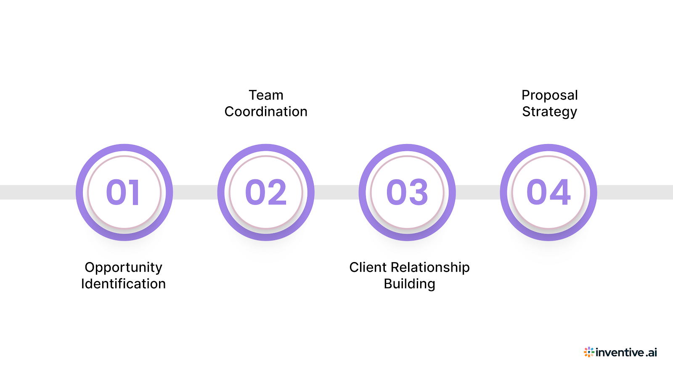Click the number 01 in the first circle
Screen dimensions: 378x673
click(123, 192)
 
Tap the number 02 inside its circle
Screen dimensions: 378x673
click(266, 192)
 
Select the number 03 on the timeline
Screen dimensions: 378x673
click(407, 192)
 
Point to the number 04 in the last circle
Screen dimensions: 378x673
click(548, 192)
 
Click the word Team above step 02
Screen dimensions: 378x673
click(266, 95)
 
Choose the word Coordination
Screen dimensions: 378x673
click(266, 112)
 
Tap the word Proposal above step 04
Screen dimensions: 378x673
click(549, 95)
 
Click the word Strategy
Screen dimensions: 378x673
click(549, 112)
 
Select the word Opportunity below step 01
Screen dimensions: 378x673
click(123, 268)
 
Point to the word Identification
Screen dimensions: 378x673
click(123, 284)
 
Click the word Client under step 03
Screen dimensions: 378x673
click(368, 267)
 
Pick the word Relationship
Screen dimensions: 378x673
click(430, 268)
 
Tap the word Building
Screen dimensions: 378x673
click(409, 284)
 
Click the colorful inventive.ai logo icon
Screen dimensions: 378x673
click(589, 352)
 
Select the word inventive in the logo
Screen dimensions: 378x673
click(620, 352)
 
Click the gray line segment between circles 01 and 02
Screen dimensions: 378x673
click(195, 192)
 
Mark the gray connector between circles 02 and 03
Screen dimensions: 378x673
click(336, 192)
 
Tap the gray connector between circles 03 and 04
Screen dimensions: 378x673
click(478, 192)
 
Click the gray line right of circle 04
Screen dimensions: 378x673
click(635, 192)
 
